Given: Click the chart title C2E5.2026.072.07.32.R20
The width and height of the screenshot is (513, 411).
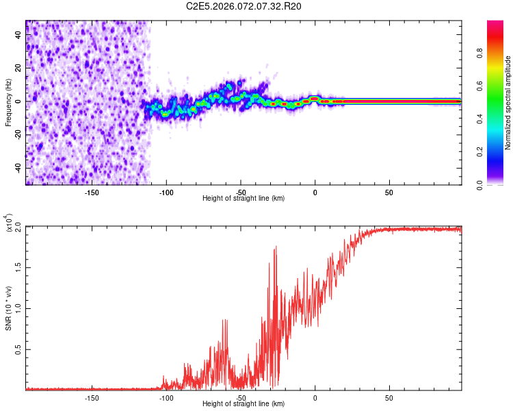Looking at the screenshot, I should click(244, 7).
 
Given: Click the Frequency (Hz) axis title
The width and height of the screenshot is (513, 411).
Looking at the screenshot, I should click(8, 103).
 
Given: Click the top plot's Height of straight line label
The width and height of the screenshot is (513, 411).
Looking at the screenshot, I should click(244, 198).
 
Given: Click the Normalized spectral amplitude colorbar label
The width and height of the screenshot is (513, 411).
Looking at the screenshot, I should click(508, 103).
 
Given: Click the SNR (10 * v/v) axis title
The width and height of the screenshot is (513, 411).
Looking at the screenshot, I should click(8, 308).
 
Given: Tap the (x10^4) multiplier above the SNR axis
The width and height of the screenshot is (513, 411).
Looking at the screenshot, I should click(8, 223).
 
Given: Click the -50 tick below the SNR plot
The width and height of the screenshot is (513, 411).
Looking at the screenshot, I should click(241, 397).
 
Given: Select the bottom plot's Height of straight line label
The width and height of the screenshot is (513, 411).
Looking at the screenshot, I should click(244, 403).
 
